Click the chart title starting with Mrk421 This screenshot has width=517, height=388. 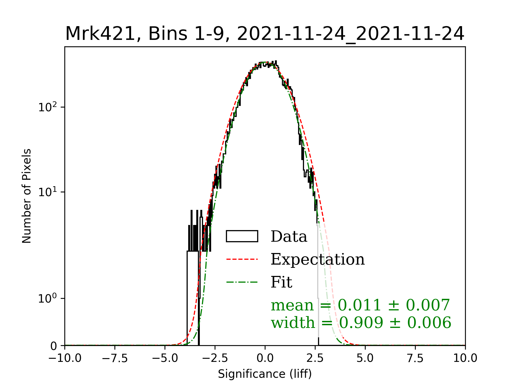coord(265,34)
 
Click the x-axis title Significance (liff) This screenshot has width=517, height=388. coord(265,374)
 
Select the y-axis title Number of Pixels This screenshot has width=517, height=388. coord(27,196)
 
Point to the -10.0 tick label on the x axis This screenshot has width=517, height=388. coord(65,358)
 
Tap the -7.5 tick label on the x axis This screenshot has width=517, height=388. coord(115,358)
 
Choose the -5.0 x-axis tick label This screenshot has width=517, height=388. coord(165,358)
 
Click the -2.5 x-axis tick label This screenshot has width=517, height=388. coord(215,358)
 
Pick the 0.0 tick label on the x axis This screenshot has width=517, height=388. coord(265,358)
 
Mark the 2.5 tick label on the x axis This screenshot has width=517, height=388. coord(315,358)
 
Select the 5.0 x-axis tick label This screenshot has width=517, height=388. coord(365,358)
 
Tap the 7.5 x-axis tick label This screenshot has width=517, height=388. coord(415,358)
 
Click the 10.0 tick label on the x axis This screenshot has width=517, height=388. coord(465,358)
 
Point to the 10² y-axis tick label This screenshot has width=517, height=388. coord(48,107)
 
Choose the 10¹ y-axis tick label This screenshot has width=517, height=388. coord(48,192)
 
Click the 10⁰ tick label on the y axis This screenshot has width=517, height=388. coord(48,299)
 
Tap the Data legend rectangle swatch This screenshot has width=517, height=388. coord(242,236)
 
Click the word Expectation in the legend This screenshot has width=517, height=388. coord(318,259)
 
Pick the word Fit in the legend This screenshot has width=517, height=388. coord(281,282)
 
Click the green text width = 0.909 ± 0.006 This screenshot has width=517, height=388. coord(361,323)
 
